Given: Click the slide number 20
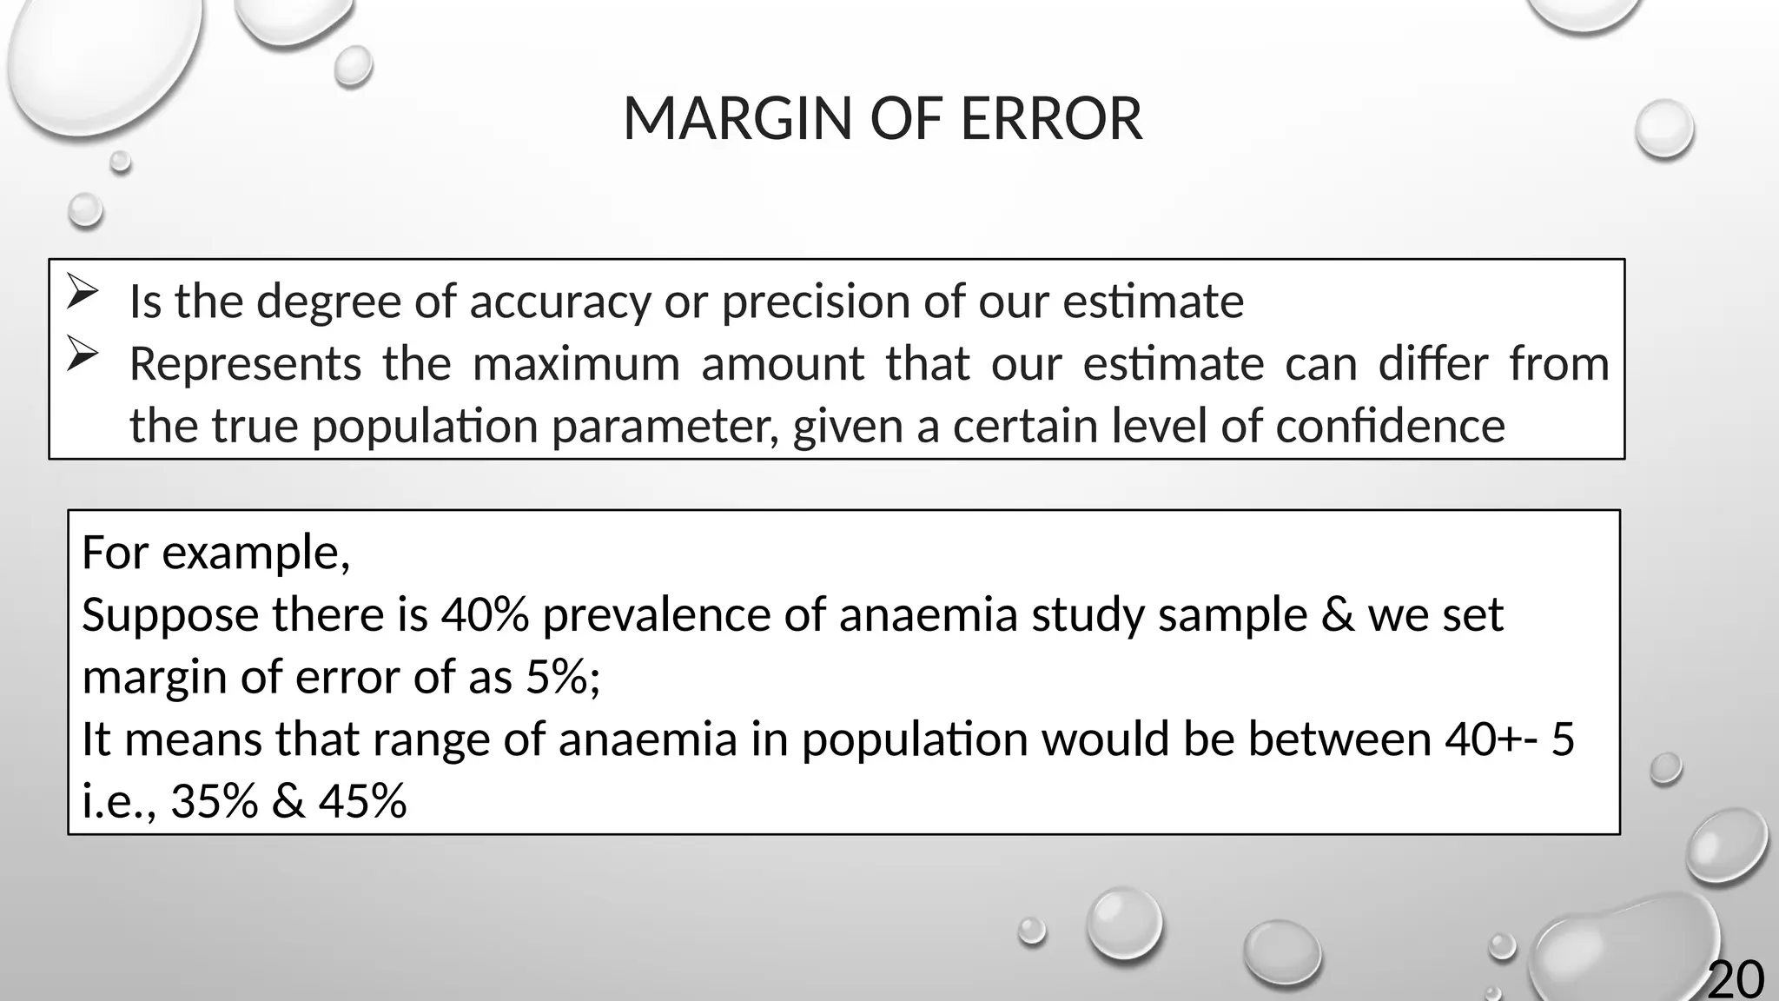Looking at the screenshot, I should click(x=1736, y=980).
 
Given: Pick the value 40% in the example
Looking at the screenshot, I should click(x=485, y=615).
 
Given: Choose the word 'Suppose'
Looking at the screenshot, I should click(x=170, y=615).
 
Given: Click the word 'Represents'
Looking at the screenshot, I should click(x=245, y=363).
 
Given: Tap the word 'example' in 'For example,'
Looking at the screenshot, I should click(x=255, y=553).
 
